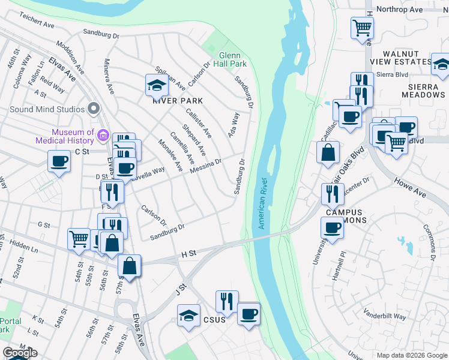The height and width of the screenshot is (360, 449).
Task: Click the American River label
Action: pos(262,203)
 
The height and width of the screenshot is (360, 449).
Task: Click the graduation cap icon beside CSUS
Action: pos(188,315)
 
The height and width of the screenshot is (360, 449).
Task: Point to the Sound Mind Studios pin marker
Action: pos(93,109)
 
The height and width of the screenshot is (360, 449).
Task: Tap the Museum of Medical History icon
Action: pos(103,136)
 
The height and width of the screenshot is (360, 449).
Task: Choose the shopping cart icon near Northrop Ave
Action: pos(363,26)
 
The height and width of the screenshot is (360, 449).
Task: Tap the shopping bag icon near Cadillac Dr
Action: pos(328,152)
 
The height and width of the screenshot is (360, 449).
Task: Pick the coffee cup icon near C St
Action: pos(59,161)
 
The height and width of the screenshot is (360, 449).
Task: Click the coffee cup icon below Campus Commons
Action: pos(332,227)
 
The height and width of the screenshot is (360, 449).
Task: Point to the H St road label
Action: pos(189,255)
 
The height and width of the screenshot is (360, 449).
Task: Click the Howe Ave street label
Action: pos(409,186)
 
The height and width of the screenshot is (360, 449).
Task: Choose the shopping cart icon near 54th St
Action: pos(79,239)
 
